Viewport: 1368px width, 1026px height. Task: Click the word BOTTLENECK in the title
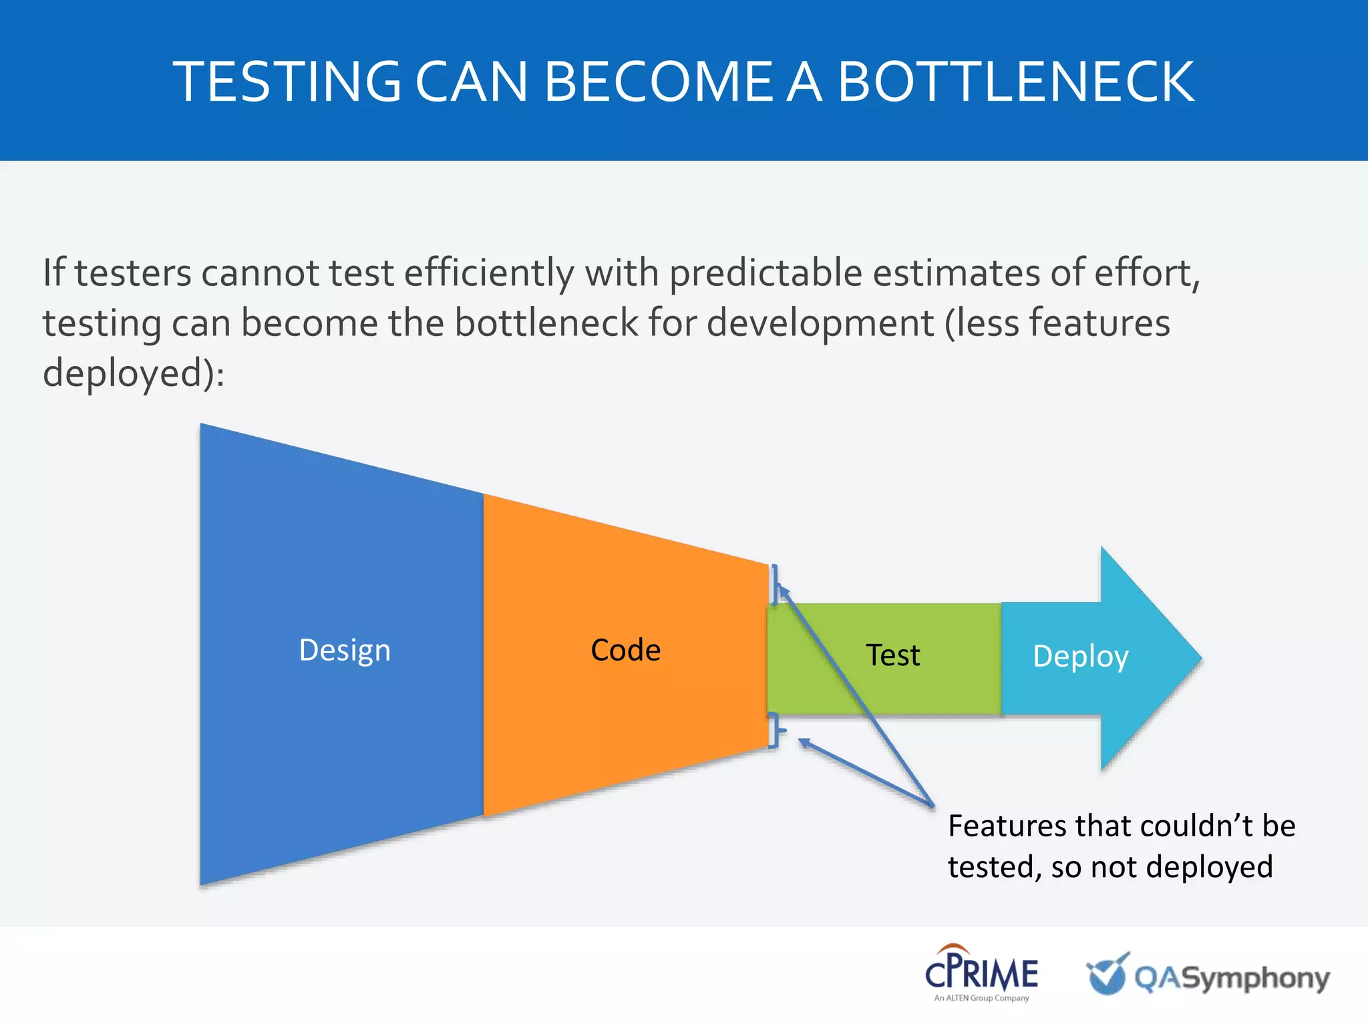[x=1015, y=81]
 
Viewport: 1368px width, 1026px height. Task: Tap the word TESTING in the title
[x=287, y=81]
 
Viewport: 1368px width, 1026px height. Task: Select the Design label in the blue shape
[x=345, y=650]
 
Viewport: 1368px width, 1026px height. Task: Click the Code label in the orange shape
[x=625, y=650]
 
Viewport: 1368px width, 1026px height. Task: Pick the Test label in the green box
[x=892, y=655]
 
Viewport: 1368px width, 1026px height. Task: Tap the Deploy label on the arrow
[x=1080, y=656]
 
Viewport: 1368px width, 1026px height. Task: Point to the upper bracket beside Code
[x=775, y=584]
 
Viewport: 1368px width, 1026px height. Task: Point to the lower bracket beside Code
[x=775, y=730]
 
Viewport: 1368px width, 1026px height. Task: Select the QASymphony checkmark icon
[x=1107, y=974]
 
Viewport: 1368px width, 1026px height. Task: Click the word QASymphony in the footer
[x=1232, y=978]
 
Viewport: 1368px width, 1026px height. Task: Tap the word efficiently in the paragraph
[x=489, y=273]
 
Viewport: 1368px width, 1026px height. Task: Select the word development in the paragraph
[x=820, y=323]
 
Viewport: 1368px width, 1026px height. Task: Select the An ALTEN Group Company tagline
[x=981, y=998]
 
